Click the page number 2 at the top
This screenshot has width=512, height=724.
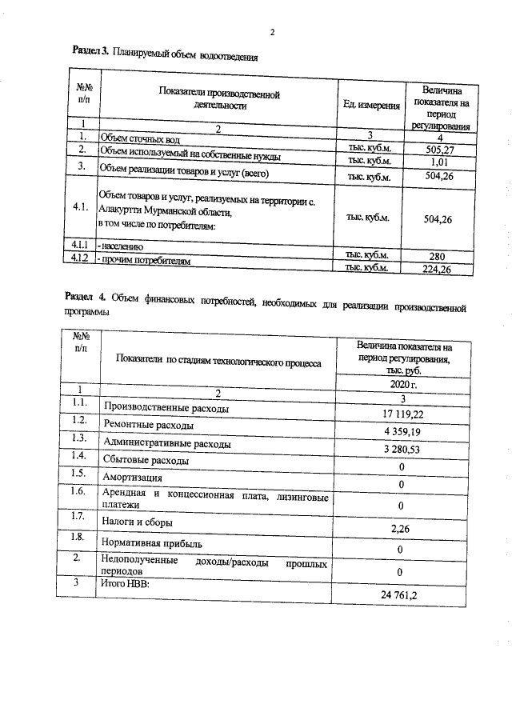pyautogui.click(x=272, y=33)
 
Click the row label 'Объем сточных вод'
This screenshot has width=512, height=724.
pyautogui.click(x=134, y=138)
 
